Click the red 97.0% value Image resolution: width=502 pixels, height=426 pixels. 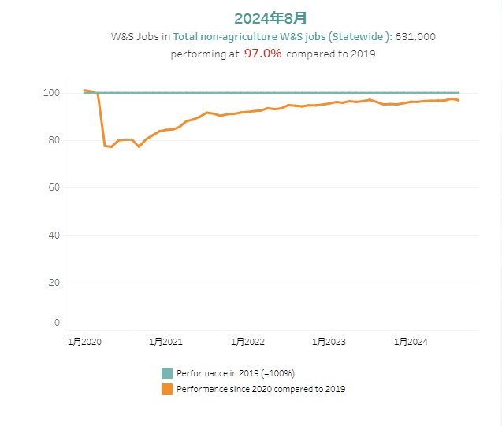tap(263, 54)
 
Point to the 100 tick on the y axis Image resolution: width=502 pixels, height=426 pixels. tap(52, 93)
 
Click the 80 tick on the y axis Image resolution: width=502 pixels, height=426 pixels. tap(54, 140)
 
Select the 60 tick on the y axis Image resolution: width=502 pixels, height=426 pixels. tap(54, 187)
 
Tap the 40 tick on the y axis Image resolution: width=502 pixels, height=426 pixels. tap(54, 235)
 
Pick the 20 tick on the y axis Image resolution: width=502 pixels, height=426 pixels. tap(54, 283)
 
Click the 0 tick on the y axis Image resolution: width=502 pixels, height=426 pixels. tap(57, 323)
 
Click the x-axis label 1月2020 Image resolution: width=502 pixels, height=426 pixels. tap(84, 342)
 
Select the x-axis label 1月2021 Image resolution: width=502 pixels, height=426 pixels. tap(165, 342)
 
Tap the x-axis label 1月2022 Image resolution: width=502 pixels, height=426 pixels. tap(247, 342)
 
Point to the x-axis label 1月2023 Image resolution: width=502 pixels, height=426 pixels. tap(329, 342)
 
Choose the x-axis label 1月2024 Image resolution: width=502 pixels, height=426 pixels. tap(411, 342)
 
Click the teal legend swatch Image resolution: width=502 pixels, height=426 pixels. tap(167, 373)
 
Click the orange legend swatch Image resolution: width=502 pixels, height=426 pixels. tap(167, 389)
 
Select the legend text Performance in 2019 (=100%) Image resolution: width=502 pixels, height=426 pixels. tap(236, 373)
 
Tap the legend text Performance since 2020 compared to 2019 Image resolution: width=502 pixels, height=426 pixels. tap(261, 389)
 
